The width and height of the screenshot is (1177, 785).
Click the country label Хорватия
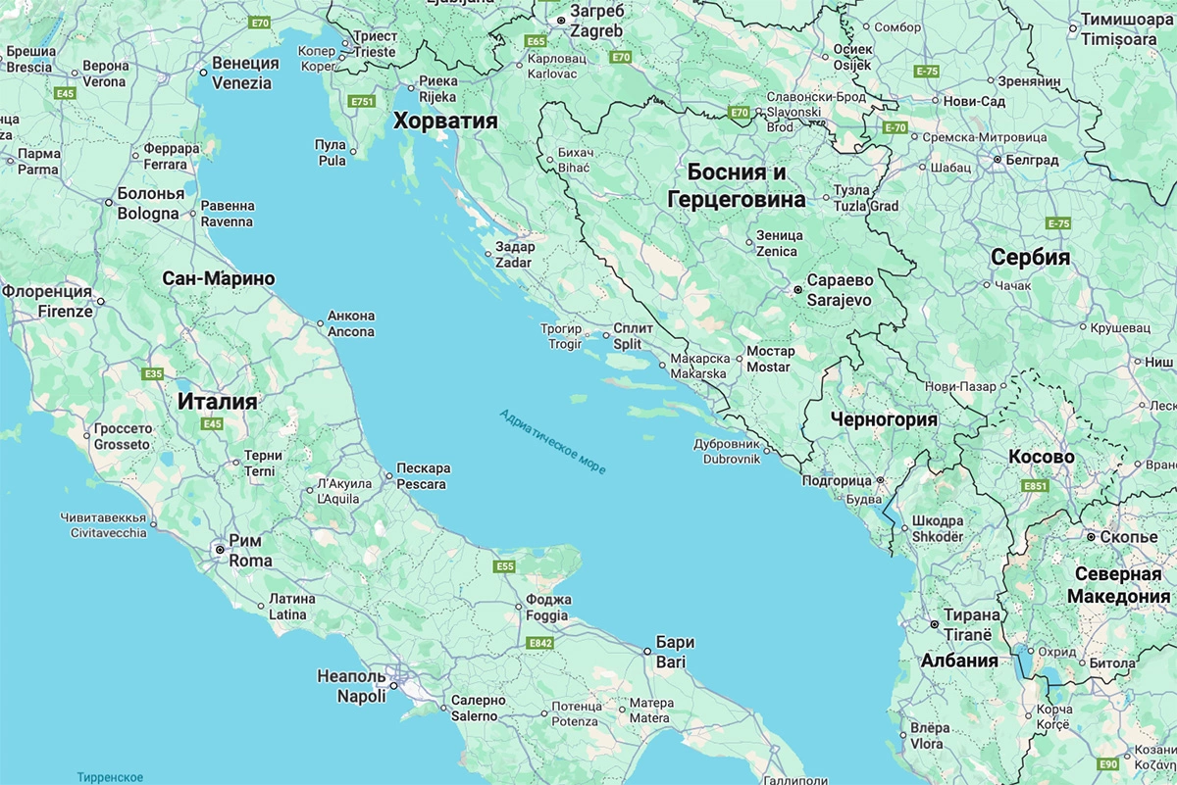[x=445, y=122]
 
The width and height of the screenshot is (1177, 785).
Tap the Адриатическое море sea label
[x=552, y=441]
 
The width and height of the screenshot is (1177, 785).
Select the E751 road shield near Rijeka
[x=363, y=101]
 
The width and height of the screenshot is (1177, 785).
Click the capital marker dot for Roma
[x=220, y=551]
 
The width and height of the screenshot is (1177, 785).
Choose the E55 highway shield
[x=505, y=566]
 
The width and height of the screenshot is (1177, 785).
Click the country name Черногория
[x=884, y=419]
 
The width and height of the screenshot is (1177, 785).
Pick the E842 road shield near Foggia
[x=539, y=643]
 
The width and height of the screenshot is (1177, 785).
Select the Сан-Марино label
[x=219, y=279]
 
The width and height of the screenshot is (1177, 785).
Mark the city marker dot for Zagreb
[x=561, y=21]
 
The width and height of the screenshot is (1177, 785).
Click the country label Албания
[x=958, y=661]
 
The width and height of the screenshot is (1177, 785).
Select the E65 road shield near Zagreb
[x=536, y=42]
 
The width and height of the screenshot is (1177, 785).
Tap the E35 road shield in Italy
[x=153, y=373]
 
